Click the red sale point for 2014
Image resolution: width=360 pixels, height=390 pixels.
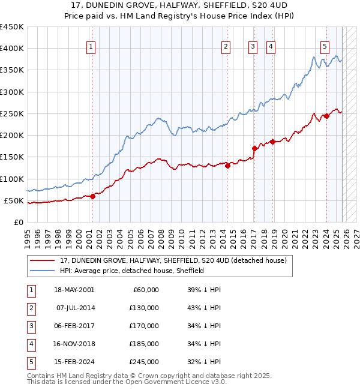point(227,166)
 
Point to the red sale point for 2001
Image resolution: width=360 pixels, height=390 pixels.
point(93,196)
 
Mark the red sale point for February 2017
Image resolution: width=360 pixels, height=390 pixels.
point(254,148)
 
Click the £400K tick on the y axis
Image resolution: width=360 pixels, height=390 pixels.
point(11,49)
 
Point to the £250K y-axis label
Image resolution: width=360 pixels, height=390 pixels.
point(11,113)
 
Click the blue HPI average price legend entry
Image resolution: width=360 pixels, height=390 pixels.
point(132,271)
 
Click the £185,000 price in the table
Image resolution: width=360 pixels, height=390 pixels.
point(144,344)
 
